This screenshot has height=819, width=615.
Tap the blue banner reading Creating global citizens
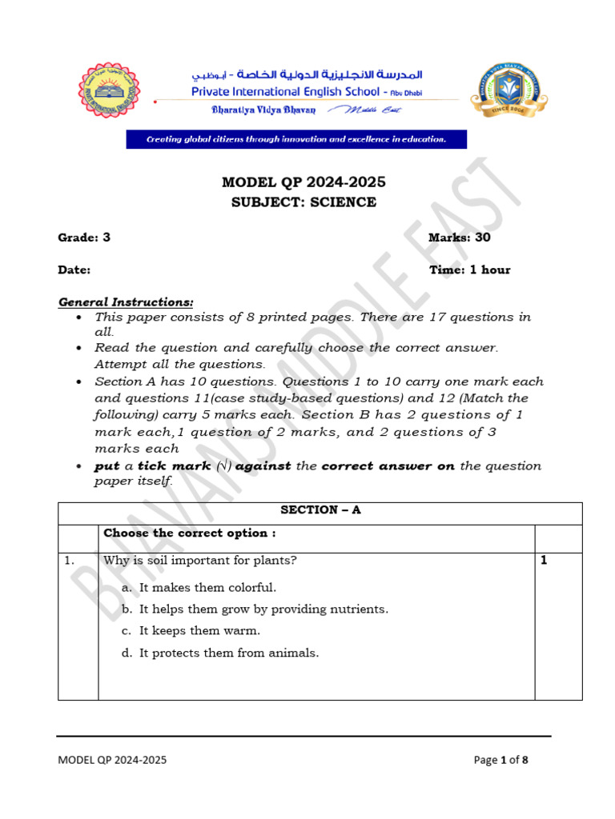295,139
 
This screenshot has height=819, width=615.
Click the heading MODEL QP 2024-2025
303,182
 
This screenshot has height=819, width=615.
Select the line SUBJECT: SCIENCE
303,202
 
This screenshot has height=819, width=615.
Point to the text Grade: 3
84,238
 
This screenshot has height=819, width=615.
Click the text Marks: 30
460,238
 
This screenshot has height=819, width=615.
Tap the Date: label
74,270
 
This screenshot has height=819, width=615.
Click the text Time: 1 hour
469,270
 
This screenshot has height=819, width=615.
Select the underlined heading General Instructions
126,302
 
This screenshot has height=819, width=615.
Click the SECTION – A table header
320,509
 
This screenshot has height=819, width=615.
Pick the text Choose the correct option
190,533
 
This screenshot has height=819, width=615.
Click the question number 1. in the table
70,561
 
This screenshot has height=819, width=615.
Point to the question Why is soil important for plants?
200,561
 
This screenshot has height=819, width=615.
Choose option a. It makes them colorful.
199,587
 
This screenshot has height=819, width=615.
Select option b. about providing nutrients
255,609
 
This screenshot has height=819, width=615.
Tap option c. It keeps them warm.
191,630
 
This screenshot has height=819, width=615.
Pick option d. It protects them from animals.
220,653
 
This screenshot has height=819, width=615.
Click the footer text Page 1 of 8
500,760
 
